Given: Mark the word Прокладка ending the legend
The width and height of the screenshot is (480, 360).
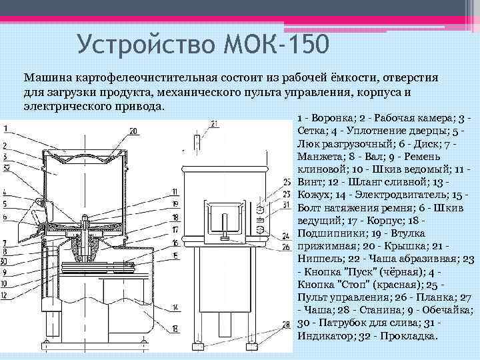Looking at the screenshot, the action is (x=407, y=335).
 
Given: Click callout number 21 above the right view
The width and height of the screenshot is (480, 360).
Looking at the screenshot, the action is (x=213, y=123).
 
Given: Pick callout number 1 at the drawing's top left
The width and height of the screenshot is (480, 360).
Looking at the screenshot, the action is (x=5, y=128).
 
